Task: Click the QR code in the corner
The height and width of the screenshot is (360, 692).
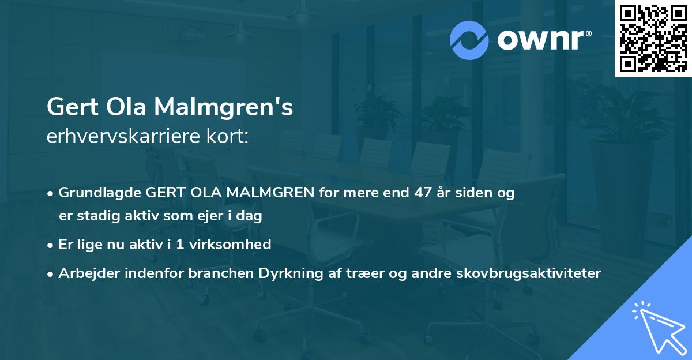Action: [x=653, y=38]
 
